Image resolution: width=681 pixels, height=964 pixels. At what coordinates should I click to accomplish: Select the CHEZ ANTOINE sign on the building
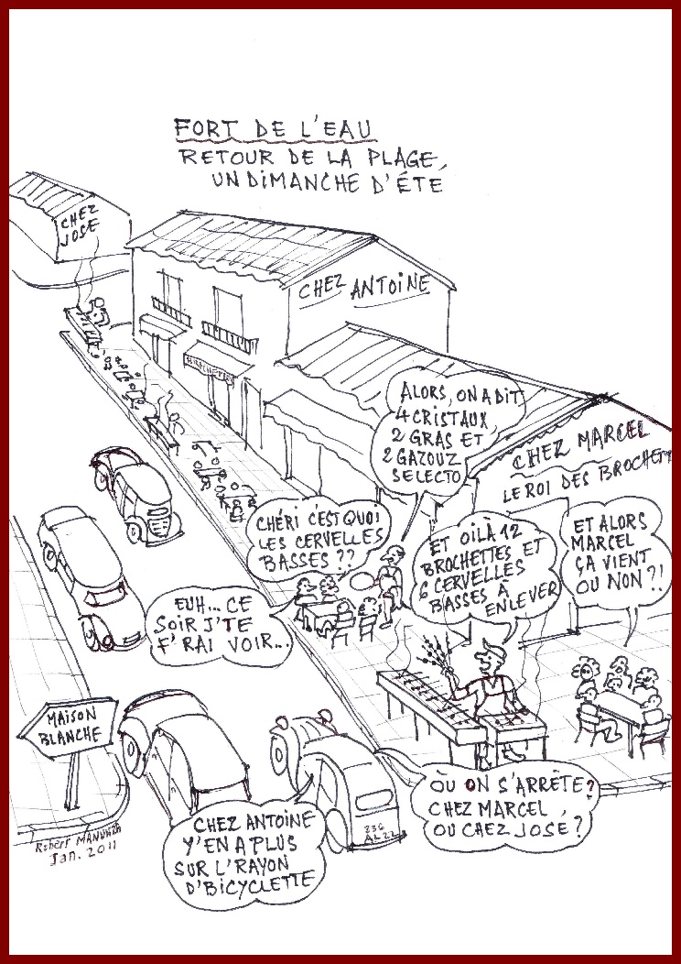click(365, 289)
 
